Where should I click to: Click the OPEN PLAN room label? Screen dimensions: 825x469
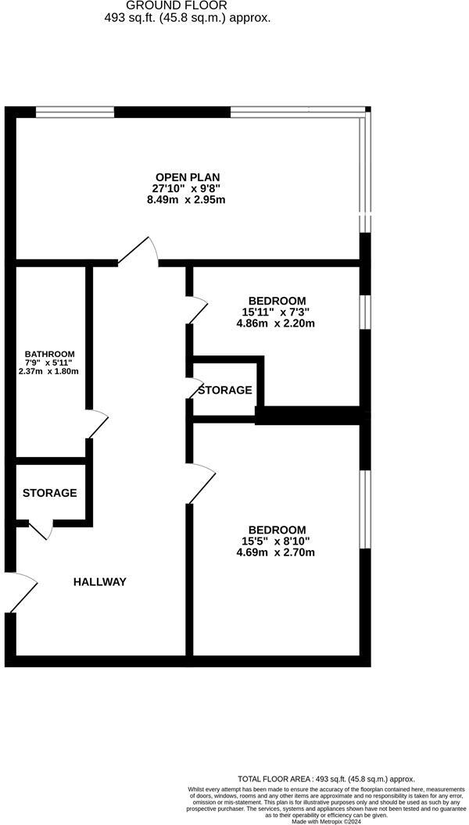(x=188, y=176)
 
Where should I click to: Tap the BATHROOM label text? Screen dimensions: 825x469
(x=49, y=353)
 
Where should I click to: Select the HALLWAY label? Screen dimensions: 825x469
(x=100, y=582)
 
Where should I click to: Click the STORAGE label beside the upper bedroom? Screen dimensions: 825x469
(x=225, y=390)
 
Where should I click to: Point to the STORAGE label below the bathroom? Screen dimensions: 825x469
(x=49, y=493)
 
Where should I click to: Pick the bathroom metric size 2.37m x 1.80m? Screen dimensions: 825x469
(x=49, y=371)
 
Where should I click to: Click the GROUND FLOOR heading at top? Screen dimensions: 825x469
(x=188, y=5)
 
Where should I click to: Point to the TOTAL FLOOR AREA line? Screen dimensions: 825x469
(x=327, y=779)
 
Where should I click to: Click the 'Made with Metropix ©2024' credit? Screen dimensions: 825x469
(x=327, y=821)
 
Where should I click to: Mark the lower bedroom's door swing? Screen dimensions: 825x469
(x=201, y=483)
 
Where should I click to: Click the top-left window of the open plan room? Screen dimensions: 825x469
(x=75, y=112)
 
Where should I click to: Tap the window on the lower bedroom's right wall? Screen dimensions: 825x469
(x=365, y=509)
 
